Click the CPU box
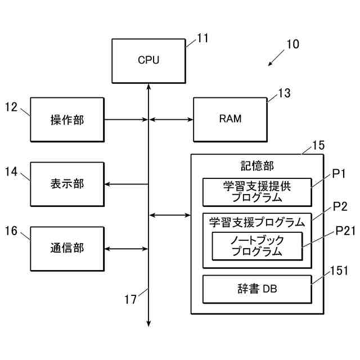coord(148,61)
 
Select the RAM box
coord(230,120)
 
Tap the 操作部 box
coord(67,120)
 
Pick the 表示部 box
coord(67,184)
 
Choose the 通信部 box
coord(67,249)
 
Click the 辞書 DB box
coord(257,289)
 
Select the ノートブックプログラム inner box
coord(257,246)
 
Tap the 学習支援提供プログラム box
coord(257,192)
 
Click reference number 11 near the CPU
coord(202,38)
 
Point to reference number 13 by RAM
coord(285,93)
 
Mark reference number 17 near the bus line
coord(130,299)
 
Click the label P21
coord(345,231)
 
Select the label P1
coord(339,174)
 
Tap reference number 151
coord(339,271)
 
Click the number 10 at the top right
coord(293,44)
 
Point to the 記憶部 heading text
coord(257,166)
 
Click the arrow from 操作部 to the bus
coord(126,119)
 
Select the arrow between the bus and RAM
coord(171,119)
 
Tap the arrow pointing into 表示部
coord(126,184)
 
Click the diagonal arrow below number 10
coord(276,58)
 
